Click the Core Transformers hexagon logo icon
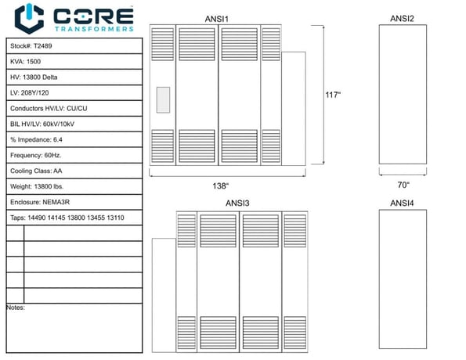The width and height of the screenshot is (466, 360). coord(29,19)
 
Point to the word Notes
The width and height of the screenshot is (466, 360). coord(16,308)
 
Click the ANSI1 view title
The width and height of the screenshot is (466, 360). coord(217,19)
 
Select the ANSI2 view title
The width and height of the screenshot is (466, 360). coord(402,19)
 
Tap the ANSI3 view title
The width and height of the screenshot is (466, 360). coord(237,203)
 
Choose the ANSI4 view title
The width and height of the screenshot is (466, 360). coord(402,203)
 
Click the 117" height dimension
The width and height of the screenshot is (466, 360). coord(333,95)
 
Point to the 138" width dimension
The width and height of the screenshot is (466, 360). coord(221,186)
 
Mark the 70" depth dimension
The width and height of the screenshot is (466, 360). coord(403,185)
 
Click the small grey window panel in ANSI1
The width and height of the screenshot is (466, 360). coord(163,100)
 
